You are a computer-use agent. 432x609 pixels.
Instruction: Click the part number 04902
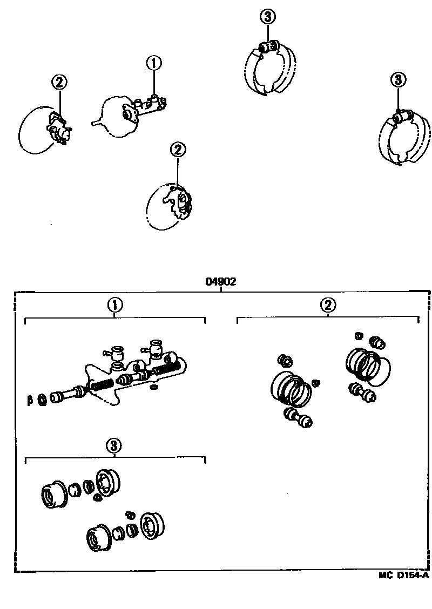pos(221,282)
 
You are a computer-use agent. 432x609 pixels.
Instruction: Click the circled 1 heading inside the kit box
pos(114,305)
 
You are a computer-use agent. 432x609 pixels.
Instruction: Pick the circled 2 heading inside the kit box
pos(328,305)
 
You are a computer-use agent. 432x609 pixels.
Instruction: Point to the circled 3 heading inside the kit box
pos(114,445)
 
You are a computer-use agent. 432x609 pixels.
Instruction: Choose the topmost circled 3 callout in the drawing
pos(268,17)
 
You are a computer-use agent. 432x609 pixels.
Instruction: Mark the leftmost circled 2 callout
pos(59,83)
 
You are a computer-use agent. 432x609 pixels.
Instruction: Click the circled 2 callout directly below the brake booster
pos(178,150)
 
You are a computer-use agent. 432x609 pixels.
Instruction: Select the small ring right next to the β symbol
pos(42,400)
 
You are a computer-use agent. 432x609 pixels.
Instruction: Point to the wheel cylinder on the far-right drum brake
pos(402,114)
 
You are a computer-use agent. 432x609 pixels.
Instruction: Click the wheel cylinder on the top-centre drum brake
pos(268,48)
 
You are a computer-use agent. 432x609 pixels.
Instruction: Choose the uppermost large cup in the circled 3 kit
pos(107,480)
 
